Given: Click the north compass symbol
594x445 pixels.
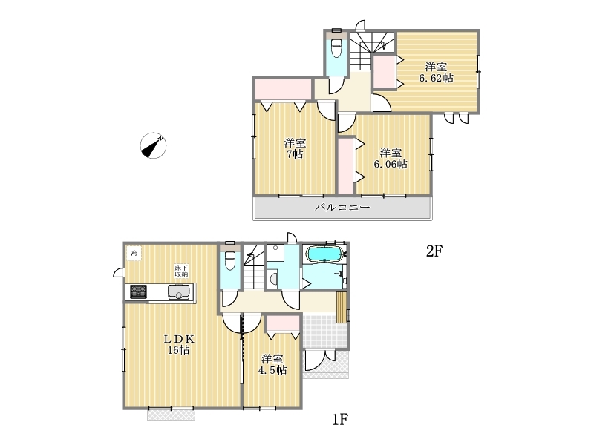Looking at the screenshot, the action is coord(154,145).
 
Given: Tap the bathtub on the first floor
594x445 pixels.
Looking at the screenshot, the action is coord(324,254).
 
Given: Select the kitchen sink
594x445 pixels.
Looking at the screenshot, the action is coord(179,292).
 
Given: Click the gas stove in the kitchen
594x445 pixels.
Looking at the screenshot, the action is coord(138,292).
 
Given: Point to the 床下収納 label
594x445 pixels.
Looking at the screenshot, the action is coord(181,271).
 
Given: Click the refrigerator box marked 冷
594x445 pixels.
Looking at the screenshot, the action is coord(134,253).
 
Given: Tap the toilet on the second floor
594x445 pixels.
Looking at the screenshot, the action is coord(336,48).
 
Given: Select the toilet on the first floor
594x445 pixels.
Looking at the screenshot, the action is coord(230,260).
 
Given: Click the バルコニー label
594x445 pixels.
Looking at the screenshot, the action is coord(342,208).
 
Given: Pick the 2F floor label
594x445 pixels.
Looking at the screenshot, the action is coord(434,251).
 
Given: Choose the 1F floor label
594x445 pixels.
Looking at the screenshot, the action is coord(340,419).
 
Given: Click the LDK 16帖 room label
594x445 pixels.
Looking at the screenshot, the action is coord(179,344).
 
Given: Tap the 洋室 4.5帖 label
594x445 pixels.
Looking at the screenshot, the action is coord(272,364).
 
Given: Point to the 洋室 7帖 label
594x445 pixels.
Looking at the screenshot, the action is coord(295,149).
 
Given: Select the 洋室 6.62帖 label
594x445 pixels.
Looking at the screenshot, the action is coord(436,72).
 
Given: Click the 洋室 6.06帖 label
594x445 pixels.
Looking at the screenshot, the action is coord(391,159).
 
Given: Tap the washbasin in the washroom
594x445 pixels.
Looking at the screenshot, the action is coord(273,279).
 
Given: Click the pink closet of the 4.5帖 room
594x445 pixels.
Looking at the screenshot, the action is coord(283,323).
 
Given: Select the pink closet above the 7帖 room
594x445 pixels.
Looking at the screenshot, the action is coord(284,89).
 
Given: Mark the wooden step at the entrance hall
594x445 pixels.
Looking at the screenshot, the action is coord(342,307).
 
